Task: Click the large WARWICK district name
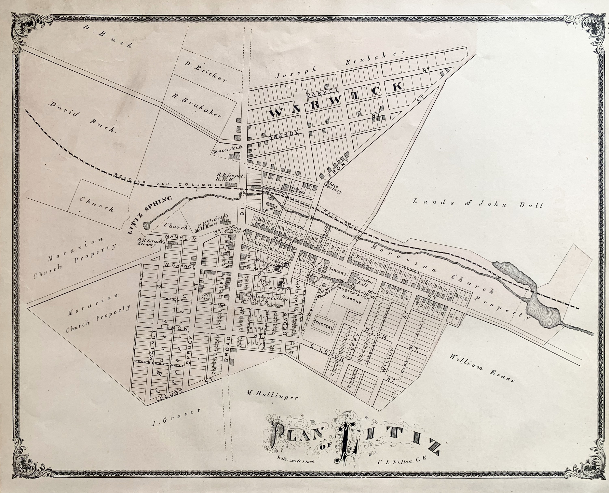335,99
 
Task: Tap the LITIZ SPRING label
150,215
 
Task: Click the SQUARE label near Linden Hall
338,274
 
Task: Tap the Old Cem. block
205,296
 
